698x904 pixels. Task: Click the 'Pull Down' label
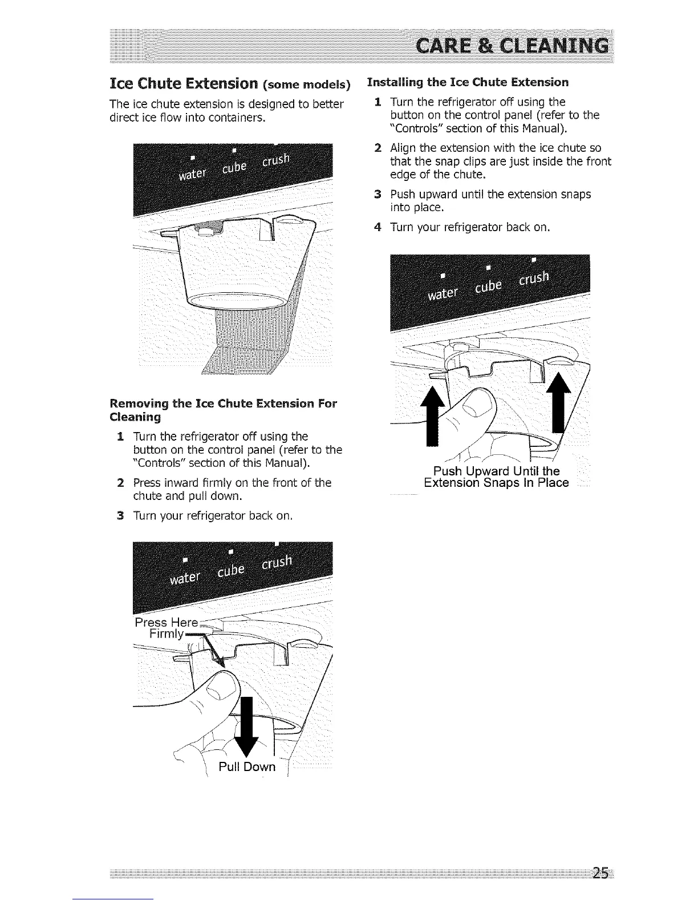tap(247, 766)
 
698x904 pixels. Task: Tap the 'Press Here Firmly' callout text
tap(165, 628)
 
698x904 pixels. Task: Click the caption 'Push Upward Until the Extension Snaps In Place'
tap(496, 477)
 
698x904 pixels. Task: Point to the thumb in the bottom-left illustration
tap(220, 693)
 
